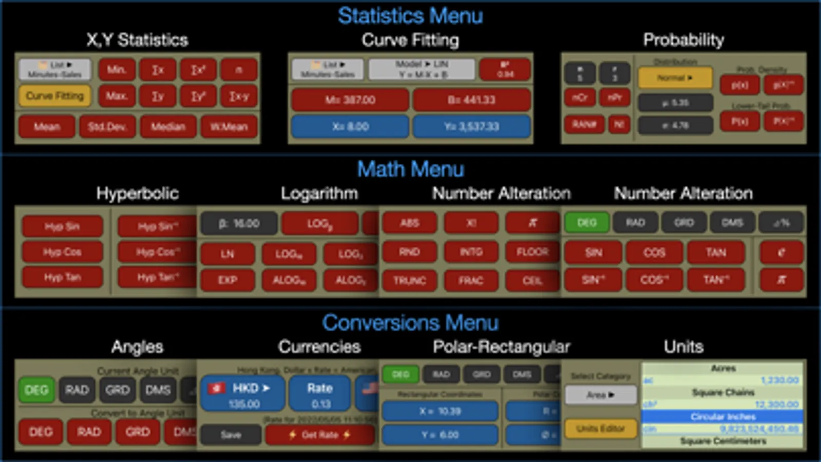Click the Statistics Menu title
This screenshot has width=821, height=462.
click(410, 16)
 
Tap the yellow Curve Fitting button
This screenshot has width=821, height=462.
click(54, 96)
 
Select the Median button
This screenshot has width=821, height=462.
click(168, 127)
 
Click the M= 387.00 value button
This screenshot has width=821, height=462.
click(350, 100)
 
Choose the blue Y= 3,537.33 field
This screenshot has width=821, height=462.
click(471, 126)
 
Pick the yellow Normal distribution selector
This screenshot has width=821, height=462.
click(675, 78)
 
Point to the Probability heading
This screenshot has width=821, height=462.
click(683, 40)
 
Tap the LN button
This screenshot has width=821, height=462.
click(227, 254)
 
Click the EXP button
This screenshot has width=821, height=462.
click(227, 280)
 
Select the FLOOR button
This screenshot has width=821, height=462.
click(532, 252)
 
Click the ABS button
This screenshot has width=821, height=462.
click(409, 223)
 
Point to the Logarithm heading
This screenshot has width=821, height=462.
click(319, 194)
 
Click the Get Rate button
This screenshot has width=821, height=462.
click(319, 435)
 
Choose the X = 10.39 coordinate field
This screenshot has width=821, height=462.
click(440, 411)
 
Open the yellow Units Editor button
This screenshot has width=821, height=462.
click(600, 429)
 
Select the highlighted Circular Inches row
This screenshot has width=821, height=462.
click(722, 416)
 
